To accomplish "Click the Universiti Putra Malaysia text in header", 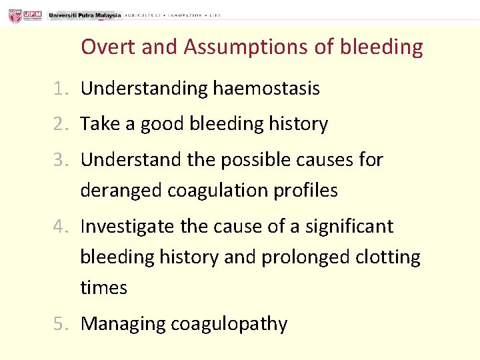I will tap(85, 15).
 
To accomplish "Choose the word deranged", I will tap(121, 191).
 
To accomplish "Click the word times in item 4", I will tap(103, 289).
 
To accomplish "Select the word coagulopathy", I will tap(229, 325).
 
